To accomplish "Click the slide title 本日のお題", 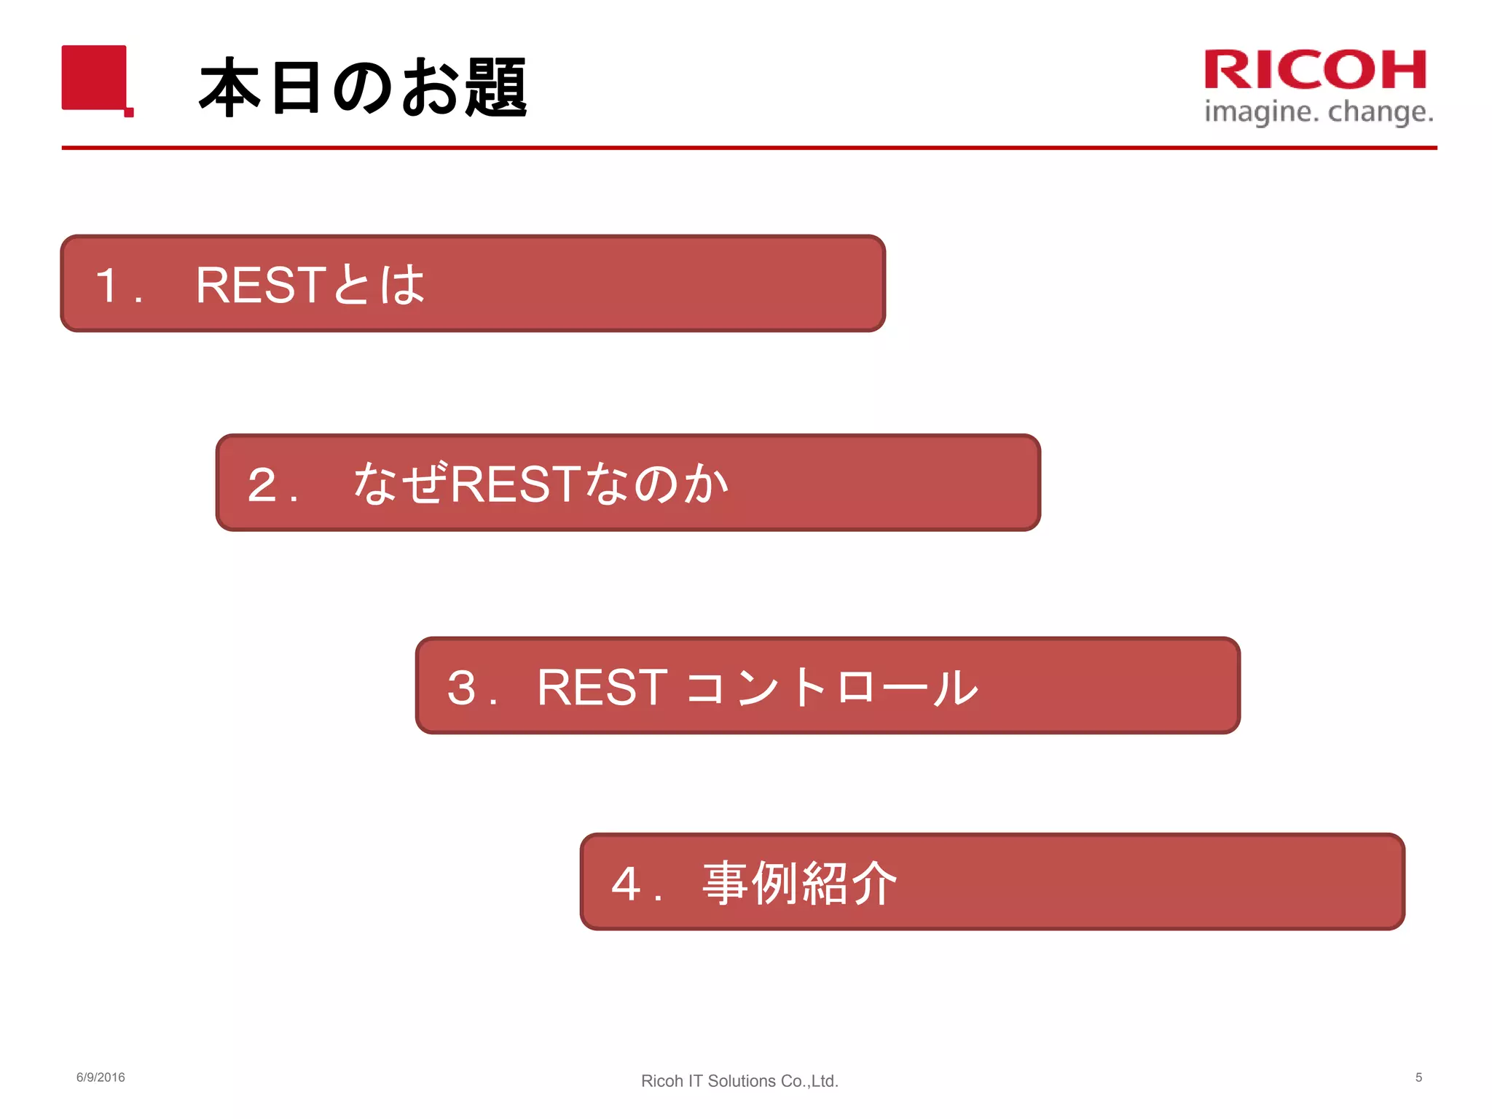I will click(x=362, y=87).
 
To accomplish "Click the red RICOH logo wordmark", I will click(x=1315, y=70).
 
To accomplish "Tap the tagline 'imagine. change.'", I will click(x=1319, y=112).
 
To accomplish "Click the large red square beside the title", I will click(x=94, y=77).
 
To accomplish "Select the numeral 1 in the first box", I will click(x=108, y=285).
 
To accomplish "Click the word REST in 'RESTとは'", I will click(x=260, y=285).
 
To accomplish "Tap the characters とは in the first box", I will click(x=379, y=285).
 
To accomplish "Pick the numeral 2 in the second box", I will click(x=262, y=484).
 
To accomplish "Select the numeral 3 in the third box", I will click(x=462, y=687).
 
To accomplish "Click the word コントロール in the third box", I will click(x=832, y=687).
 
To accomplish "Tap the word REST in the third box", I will click(x=602, y=687).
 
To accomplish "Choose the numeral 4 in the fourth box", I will click(x=626, y=884).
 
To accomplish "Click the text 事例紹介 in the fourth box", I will click(x=799, y=883).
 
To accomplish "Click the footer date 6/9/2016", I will click(x=101, y=1077).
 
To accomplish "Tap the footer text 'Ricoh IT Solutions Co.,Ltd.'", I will click(x=739, y=1081).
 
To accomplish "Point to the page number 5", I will click(x=1418, y=1077).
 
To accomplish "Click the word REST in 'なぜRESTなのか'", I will click(x=516, y=484).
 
